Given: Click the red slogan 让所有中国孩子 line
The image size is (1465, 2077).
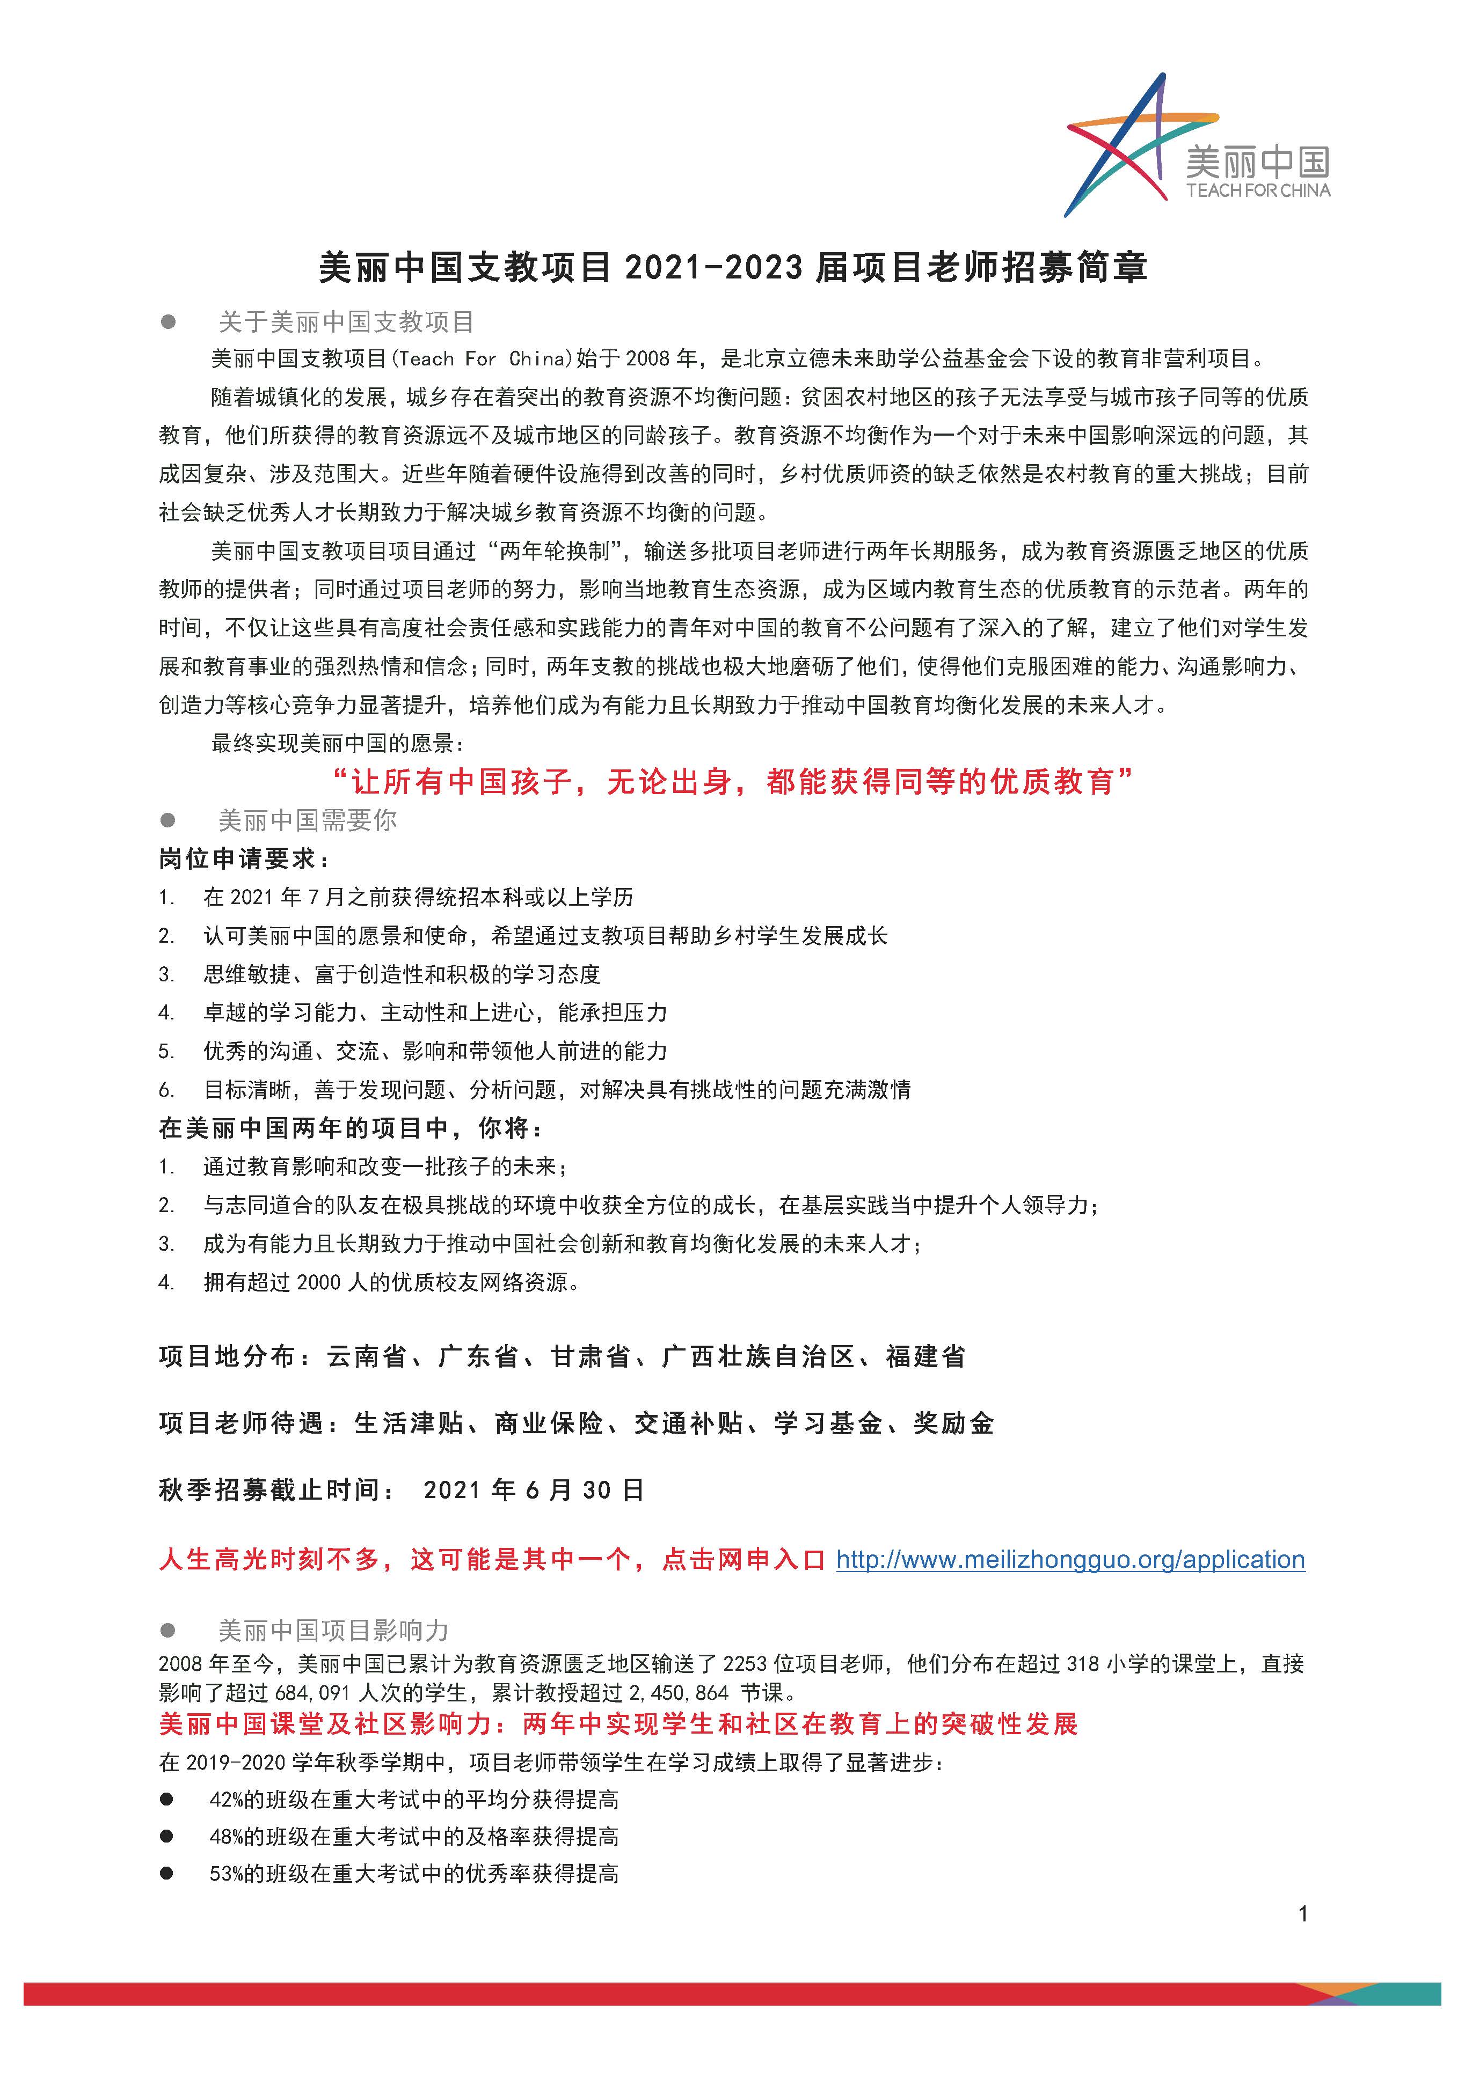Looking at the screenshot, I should click(x=733, y=781).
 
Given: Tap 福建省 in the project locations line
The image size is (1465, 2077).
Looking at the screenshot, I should click(x=925, y=1357).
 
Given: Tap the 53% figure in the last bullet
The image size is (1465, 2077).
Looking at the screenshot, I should click(x=226, y=1874).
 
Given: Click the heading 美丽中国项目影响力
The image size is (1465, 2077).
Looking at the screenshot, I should click(x=333, y=1630).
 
